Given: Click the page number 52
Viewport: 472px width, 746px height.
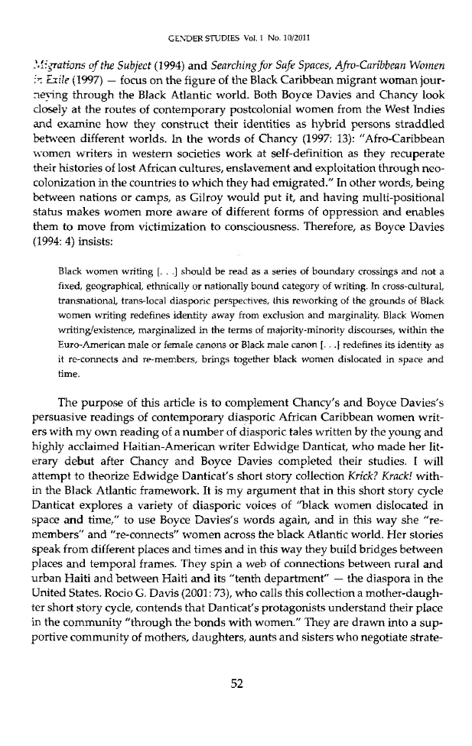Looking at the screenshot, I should pos(236,704).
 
